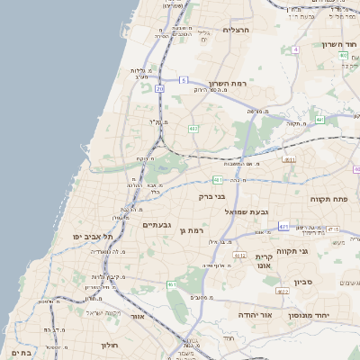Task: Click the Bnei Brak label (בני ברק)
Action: coord(211,194)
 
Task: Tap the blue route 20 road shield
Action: coord(159,89)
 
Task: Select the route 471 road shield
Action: coord(283,226)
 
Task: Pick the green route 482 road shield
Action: coord(193,129)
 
